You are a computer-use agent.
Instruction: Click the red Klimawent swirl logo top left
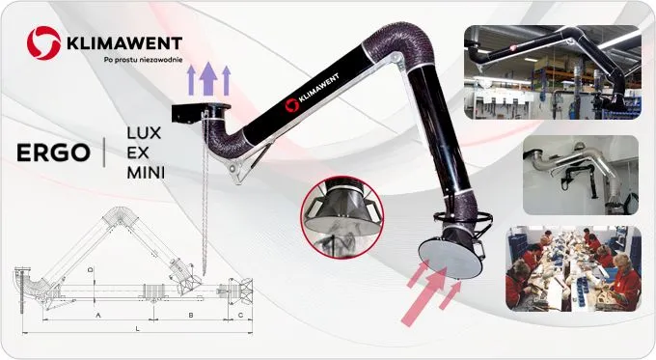click(43, 42)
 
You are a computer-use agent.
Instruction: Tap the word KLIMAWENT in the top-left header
click(124, 43)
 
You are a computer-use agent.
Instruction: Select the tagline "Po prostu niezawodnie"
click(143, 60)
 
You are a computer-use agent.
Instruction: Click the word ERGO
click(53, 152)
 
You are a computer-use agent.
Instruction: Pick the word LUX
click(144, 133)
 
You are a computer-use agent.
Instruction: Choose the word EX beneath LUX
click(138, 153)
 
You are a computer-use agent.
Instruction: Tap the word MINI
click(146, 173)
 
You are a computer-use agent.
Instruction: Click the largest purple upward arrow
click(208, 79)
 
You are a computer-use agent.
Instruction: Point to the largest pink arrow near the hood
click(424, 297)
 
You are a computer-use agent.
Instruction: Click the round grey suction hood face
click(451, 259)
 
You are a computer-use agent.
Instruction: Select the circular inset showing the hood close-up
click(342, 217)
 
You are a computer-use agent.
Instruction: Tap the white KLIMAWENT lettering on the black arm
click(318, 88)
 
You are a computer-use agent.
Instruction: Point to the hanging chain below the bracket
click(205, 193)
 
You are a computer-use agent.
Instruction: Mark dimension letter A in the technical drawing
click(98, 315)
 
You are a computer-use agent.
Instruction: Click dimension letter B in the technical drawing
click(191, 315)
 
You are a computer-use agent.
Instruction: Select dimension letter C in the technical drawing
click(240, 315)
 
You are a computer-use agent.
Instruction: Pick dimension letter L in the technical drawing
click(137, 328)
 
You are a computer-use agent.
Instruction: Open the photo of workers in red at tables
click(573, 269)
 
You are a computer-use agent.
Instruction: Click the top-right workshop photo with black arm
click(553, 72)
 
